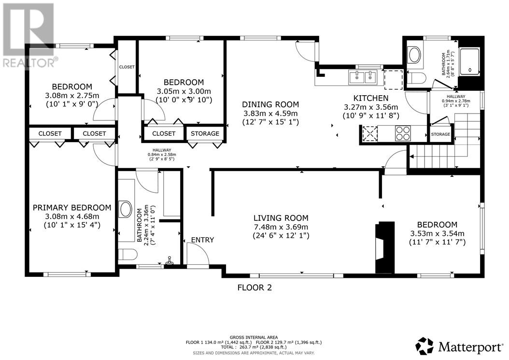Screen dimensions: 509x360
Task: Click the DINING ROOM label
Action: [270, 105]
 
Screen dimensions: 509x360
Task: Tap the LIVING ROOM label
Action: [281, 218]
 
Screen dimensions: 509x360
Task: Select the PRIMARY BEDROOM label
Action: [72, 208]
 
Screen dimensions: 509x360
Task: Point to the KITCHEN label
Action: [371, 98]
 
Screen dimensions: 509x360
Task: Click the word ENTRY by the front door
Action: [202, 240]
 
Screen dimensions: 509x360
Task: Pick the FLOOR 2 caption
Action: [254, 288]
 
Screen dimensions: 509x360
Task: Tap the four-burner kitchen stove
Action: [403, 133]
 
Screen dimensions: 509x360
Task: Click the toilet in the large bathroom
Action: [127, 254]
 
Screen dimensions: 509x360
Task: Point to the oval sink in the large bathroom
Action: [125, 209]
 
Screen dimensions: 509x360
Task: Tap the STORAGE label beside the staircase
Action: [440, 134]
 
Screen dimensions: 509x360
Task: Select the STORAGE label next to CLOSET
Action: [205, 133]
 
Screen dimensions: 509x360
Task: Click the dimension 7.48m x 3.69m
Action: [281, 227]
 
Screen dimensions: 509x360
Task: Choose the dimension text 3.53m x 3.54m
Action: [437, 233]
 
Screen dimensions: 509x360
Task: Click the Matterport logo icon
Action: [424, 346]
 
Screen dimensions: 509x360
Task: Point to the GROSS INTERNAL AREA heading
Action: [254, 338]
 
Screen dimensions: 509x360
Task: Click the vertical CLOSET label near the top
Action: [127, 67]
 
